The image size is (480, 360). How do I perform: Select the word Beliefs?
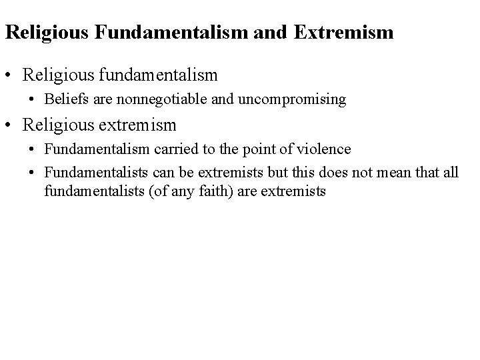[64, 99]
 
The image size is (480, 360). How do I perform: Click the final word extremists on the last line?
[295, 192]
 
